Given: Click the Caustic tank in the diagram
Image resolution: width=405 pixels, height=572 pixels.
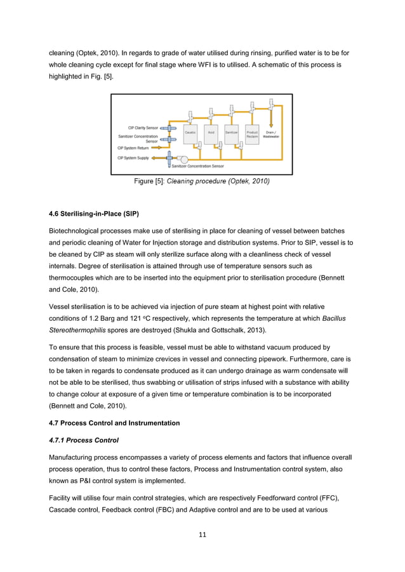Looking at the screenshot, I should click(190, 134).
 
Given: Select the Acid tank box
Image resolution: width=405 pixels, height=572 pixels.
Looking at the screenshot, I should click(211, 134).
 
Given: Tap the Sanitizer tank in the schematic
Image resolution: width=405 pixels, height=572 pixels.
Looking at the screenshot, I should click(231, 134).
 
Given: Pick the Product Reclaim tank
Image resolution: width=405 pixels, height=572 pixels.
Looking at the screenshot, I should click(252, 134).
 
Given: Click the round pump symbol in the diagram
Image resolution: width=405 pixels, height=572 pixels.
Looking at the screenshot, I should click(184, 159).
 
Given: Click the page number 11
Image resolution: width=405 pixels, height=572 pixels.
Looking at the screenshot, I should click(202, 535).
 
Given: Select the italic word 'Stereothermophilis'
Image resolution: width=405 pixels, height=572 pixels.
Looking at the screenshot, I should click(77, 330).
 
